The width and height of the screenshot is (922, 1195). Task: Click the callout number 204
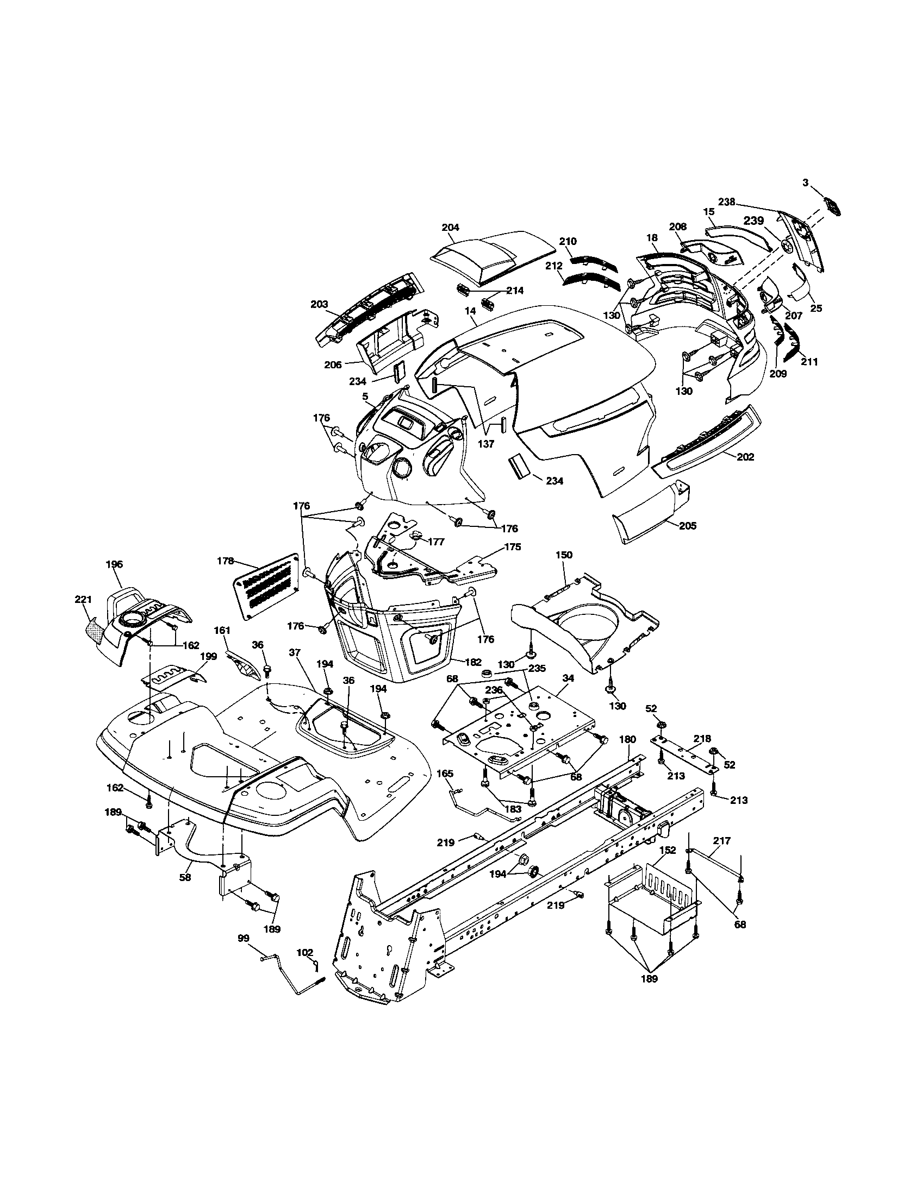(x=450, y=227)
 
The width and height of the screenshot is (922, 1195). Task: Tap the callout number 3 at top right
(x=805, y=183)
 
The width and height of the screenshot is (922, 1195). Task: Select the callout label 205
(x=688, y=526)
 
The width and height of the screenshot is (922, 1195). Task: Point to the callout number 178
(x=226, y=561)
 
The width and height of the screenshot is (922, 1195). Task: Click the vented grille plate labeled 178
(x=269, y=587)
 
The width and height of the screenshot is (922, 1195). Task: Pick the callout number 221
(x=83, y=600)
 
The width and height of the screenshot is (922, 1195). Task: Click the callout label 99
(x=244, y=938)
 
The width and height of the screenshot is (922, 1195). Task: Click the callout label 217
(x=721, y=841)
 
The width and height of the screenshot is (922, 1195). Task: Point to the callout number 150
(x=563, y=555)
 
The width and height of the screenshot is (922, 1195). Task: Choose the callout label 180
(x=627, y=739)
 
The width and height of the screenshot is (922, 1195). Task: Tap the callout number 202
(x=745, y=457)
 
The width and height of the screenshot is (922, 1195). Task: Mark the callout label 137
(x=485, y=444)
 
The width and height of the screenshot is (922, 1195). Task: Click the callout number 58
(x=185, y=877)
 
